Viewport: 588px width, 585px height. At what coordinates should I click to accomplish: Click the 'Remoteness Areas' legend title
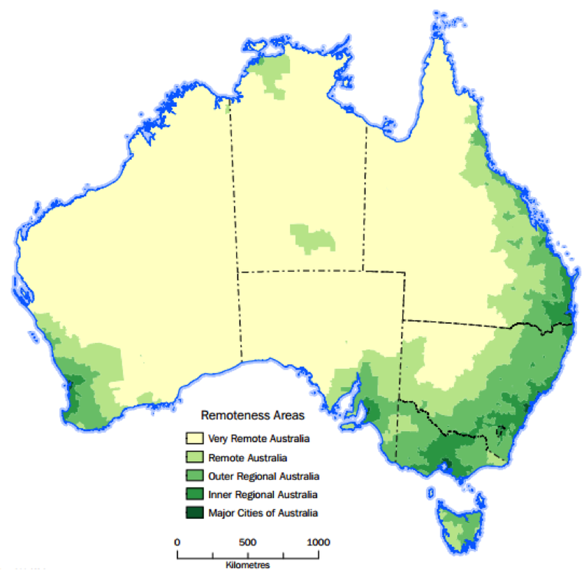[253, 415]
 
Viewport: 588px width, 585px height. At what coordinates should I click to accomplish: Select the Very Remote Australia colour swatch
[195, 438]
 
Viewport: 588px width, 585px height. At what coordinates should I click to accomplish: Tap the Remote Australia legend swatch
[195, 457]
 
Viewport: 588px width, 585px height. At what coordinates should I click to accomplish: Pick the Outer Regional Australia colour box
[195, 476]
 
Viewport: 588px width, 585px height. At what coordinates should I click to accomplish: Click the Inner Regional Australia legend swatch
[195, 494]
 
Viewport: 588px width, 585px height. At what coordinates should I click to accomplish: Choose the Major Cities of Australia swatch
[195, 513]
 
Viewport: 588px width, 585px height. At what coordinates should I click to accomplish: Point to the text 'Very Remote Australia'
[259, 438]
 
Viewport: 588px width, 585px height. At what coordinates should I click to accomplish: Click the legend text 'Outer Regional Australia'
[264, 476]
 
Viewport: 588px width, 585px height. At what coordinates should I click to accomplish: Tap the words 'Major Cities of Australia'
[263, 513]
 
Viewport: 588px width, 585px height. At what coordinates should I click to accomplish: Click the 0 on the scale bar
[177, 543]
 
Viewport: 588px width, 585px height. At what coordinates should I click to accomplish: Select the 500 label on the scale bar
[248, 543]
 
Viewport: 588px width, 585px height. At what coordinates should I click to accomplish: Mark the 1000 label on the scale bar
[318, 543]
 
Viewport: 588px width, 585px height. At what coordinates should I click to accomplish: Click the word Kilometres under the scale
[248, 565]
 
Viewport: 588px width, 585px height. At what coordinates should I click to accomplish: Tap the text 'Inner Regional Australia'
[263, 495]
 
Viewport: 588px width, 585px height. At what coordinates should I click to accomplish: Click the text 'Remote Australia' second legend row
[248, 458]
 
